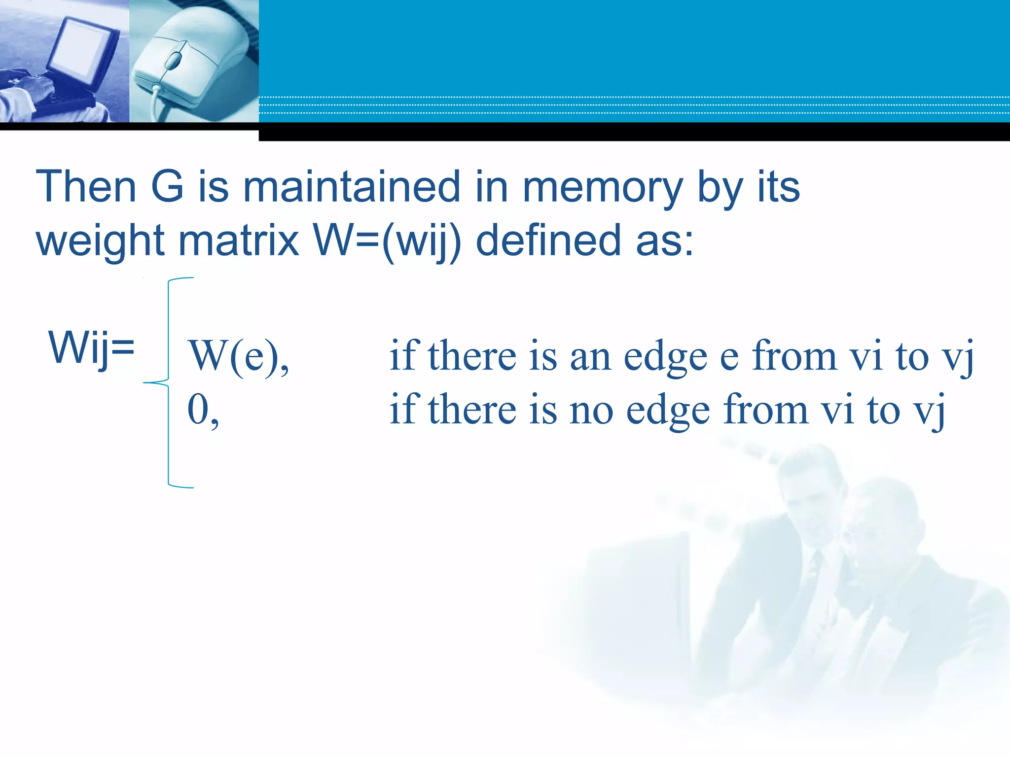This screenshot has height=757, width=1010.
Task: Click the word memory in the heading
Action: tap(602, 187)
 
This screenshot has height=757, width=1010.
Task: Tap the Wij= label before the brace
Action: tap(91, 347)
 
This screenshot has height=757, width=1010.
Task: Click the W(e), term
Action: tap(239, 356)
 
